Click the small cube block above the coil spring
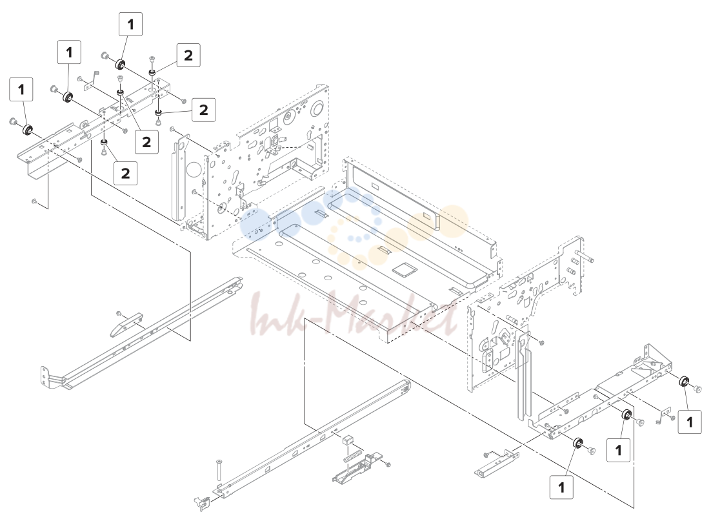[x=347, y=440]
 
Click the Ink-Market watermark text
[x=353, y=314]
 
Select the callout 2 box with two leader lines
[x=146, y=141]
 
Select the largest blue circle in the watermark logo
[x=255, y=224]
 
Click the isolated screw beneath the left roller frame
[x=34, y=201]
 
